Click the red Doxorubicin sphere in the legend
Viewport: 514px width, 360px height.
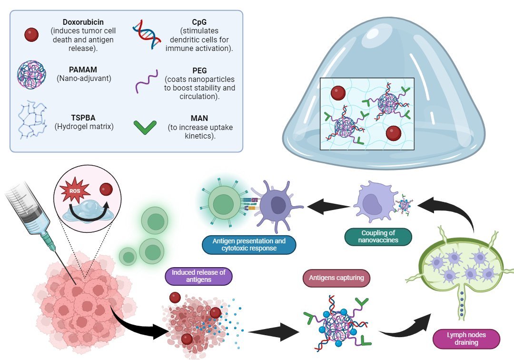[x=31, y=34]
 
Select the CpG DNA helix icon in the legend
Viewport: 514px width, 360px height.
[x=146, y=34]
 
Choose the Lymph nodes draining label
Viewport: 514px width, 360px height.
[x=466, y=339]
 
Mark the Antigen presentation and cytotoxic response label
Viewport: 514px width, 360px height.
[x=249, y=244]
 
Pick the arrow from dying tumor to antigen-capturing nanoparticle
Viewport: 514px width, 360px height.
[x=271, y=332]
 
